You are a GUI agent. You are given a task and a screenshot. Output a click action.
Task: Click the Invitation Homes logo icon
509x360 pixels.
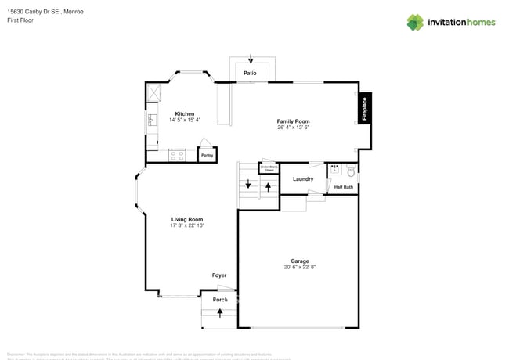click(x=415, y=22)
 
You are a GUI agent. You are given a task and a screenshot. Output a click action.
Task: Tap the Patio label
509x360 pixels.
click(x=250, y=73)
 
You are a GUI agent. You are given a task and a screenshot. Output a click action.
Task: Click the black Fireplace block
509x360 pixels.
click(x=364, y=109)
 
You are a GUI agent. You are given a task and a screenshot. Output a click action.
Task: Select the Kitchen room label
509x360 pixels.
click(x=184, y=113)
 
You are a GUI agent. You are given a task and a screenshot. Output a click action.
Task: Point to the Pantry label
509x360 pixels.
click(x=207, y=156)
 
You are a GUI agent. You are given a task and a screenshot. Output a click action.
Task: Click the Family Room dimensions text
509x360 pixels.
click(x=293, y=128)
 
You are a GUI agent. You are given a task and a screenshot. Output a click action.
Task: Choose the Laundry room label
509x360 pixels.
click(x=303, y=179)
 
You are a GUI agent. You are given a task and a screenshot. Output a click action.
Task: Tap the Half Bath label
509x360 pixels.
click(x=344, y=187)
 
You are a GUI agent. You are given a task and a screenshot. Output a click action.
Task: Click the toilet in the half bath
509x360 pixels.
click(x=351, y=170)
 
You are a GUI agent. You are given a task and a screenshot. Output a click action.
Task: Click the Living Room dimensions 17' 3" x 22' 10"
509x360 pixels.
click(x=187, y=225)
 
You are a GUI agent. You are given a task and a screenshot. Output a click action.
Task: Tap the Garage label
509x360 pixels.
click(x=300, y=261)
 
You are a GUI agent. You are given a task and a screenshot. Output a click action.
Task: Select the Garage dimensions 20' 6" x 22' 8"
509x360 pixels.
click(x=300, y=267)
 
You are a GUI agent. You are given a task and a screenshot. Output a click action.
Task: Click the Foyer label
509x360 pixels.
click(x=219, y=275)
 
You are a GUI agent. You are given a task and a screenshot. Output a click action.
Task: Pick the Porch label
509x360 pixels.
click(x=220, y=300)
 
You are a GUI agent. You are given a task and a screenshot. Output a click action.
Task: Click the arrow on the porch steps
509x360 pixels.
click(x=220, y=312)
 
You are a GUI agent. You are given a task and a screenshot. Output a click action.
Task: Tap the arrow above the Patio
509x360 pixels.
click(x=251, y=59)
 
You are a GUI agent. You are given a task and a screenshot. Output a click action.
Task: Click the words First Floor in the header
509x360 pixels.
click(x=21, y=20)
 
